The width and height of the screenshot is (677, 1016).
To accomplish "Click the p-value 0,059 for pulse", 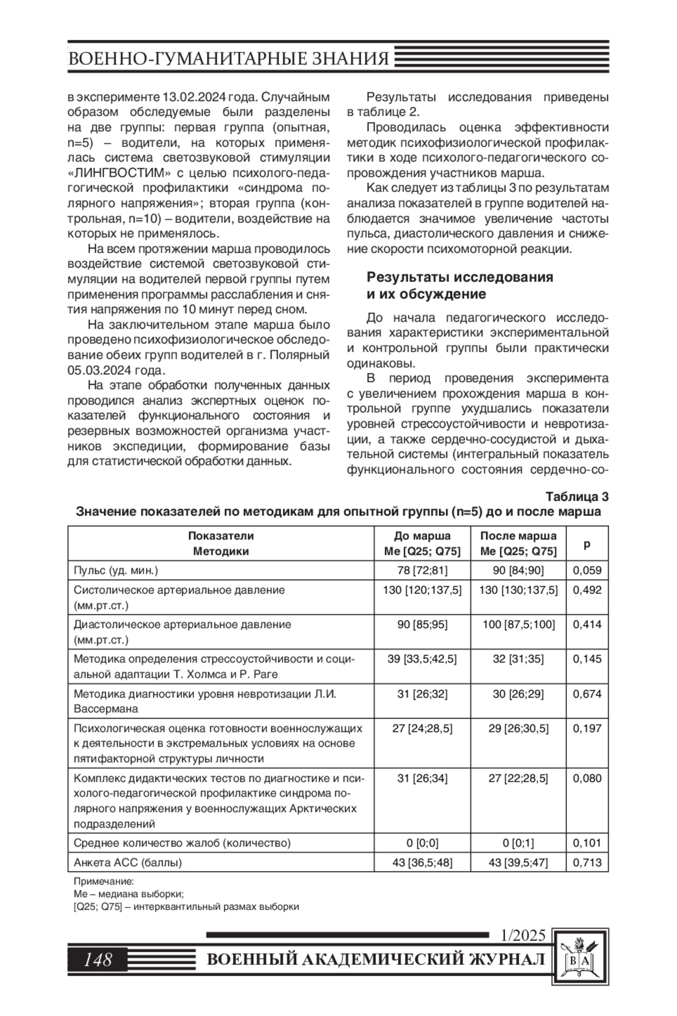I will point(587,570).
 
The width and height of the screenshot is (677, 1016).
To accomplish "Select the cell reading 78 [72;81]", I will point(422,570).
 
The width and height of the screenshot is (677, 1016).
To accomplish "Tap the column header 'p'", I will point(587,544).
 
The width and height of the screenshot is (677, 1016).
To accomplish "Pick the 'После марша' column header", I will point(518,536).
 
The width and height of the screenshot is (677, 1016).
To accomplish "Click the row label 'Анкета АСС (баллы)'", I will point(128,862).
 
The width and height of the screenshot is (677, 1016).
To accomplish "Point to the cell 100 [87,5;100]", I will point(518,624).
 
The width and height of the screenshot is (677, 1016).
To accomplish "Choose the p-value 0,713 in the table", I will point(587,862).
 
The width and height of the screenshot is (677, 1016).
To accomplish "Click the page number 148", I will point(98,959).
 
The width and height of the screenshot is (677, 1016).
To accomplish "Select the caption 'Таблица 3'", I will point(577,497).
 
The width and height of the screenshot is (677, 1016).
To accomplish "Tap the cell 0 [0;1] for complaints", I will point(518,843).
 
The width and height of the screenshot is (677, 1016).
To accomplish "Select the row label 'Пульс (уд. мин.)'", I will point(116,570).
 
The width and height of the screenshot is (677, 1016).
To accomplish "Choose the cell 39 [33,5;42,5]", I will point(422,659).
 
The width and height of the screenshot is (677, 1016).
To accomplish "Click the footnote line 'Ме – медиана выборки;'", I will point(129,894).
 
